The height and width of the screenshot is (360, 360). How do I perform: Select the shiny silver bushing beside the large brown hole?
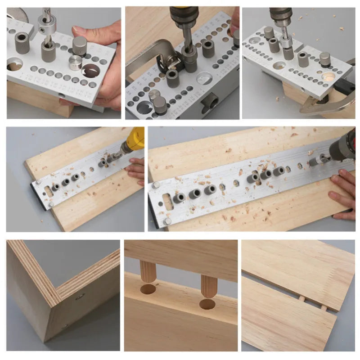[x=75, y=63]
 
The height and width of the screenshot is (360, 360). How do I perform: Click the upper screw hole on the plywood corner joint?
[x=80, y=297]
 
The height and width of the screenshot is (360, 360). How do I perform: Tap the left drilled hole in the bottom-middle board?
[x=148, y=289]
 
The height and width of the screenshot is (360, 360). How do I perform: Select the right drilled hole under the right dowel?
[x=207, y=304]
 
